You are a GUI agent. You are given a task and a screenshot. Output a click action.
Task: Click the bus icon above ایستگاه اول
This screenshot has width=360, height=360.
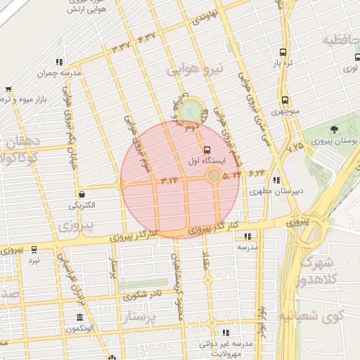pos(206,150)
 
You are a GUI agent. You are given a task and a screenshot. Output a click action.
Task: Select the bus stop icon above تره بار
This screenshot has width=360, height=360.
pos(283,52)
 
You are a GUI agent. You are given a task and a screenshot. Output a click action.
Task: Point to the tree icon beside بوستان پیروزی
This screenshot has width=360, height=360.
pos(333,129)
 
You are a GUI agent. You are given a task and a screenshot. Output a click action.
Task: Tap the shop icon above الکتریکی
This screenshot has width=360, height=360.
pos(83,194)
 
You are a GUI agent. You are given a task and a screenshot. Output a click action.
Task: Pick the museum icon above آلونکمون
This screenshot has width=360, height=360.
pos(79,317)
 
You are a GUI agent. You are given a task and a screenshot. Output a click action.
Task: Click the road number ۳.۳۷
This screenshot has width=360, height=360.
pos(122,46)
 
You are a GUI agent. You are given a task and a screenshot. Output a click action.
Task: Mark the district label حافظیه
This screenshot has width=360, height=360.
pos(340,41)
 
